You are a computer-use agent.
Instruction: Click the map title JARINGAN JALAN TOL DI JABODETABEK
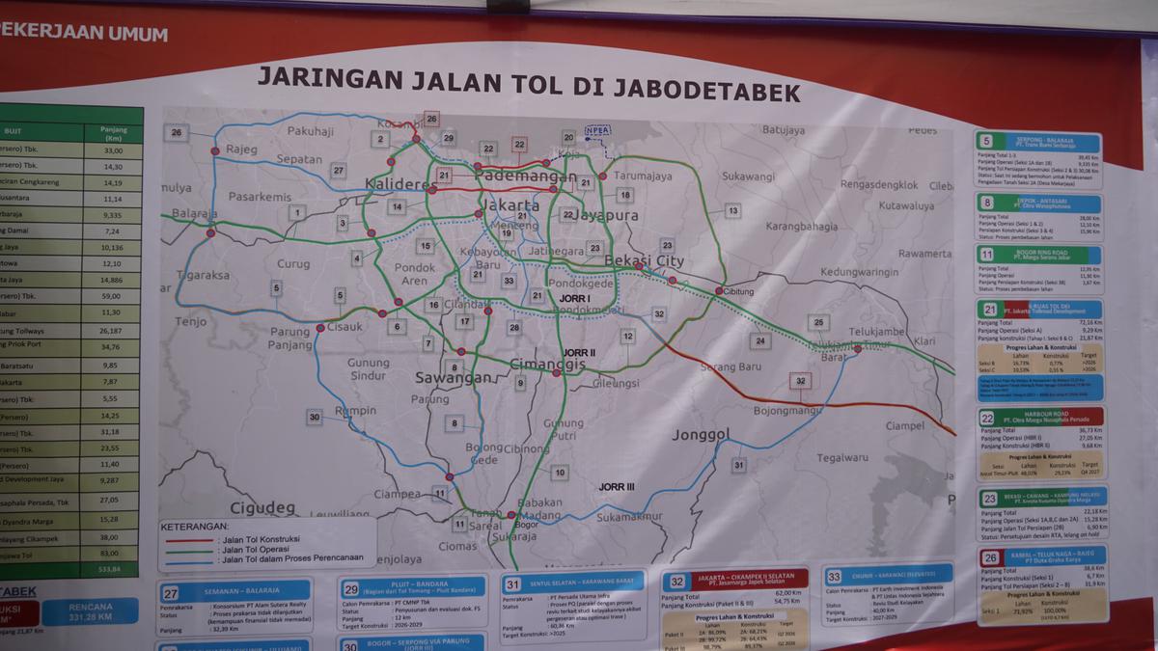click(528, 84)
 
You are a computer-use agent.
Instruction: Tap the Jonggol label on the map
click(701, 435)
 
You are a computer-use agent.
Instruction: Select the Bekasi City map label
click(644, 261)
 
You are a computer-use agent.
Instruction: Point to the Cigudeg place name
click(262, 507)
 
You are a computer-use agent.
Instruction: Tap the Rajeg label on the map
click(241, 149)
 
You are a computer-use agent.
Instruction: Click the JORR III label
click(616, 487)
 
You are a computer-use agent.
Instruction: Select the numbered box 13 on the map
click(733, 210)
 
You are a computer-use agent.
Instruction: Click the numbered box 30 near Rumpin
click(315, 417)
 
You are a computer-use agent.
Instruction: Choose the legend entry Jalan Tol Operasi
click(252, 550)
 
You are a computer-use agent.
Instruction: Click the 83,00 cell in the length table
click(112, 553)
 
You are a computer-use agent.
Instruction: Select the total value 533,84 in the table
click(111, 569)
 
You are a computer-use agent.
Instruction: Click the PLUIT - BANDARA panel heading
click(403, 588)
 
